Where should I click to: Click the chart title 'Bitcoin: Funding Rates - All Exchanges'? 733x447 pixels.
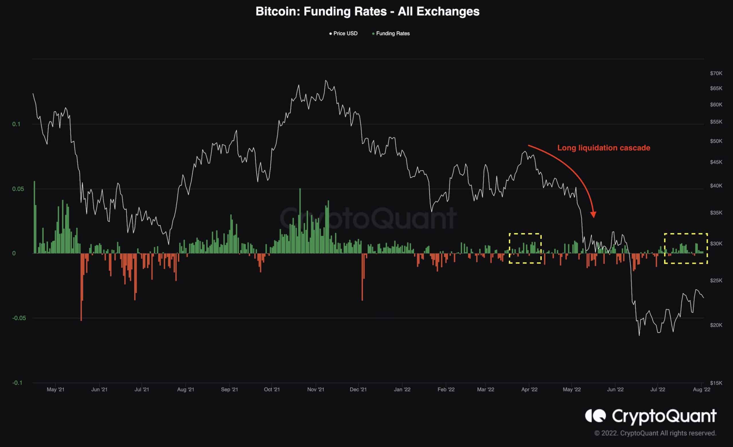[x=367, y=12]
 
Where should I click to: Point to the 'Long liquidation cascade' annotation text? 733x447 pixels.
[x=603, y=148]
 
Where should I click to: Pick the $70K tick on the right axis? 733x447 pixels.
[x=716, y=74]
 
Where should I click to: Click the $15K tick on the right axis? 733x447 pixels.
[x=716, y=383]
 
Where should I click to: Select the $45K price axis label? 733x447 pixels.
[x=716, y=162]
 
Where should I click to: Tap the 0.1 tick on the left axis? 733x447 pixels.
[x=16, y=124]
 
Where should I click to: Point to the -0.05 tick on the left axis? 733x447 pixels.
[x=19, y=318]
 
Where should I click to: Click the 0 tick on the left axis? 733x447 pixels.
[x=14, y=253]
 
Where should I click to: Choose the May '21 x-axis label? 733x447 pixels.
[x=55, y=389]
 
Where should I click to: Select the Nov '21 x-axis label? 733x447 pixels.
[x=316, y=389]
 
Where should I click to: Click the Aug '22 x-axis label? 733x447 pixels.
[x=702, y=389]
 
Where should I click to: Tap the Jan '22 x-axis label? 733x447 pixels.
[x=402, y=389]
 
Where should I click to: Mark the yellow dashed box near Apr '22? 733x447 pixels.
[x=525, y=248]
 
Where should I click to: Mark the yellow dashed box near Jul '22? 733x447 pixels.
[x=686, y=248]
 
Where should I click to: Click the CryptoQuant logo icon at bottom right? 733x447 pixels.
[x=595, y=416]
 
